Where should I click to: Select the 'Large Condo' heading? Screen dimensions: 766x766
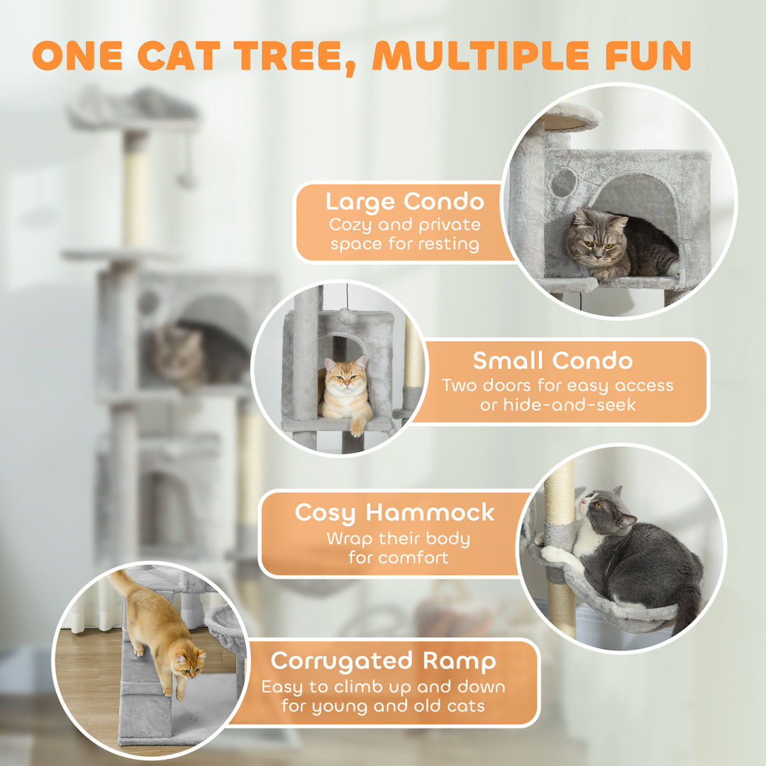point(404,202)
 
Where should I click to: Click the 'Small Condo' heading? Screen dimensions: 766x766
point(553,360)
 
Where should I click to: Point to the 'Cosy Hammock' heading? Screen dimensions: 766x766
point(395,512)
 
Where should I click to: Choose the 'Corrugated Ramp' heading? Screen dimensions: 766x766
point(382,660)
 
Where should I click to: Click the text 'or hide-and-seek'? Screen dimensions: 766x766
point(557,405)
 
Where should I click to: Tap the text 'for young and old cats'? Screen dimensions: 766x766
point(382,706)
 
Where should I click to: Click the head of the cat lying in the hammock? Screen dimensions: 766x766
point(599,509)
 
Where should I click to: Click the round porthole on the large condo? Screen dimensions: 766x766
point(564,183)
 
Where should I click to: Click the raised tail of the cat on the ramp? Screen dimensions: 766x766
point(122,584)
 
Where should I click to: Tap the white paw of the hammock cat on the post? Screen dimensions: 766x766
point(553,555)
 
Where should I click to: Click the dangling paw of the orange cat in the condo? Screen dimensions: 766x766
point(357,427)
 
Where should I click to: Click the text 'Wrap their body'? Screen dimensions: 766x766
point(398,538)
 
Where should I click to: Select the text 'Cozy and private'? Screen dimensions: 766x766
point(405,226)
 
